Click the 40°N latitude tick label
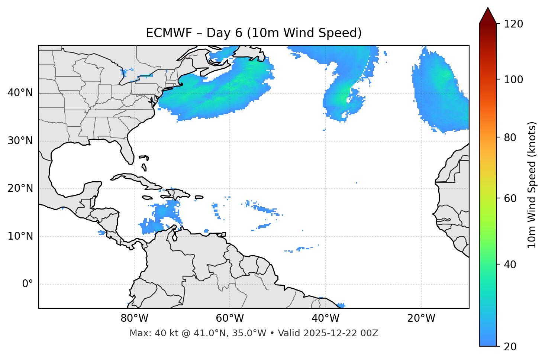[20, 93]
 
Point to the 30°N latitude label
[20, 141]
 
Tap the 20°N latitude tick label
[20, 188]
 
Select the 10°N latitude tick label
[20, 236]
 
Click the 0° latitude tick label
[28, 284]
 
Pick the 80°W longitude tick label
[134, 318]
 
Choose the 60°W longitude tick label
[230, 318]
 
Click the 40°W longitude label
[325, 318]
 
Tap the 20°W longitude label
[421, 318]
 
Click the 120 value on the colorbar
[513, 24]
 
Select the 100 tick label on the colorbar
[513, 80]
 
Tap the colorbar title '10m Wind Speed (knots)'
[532, 185]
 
